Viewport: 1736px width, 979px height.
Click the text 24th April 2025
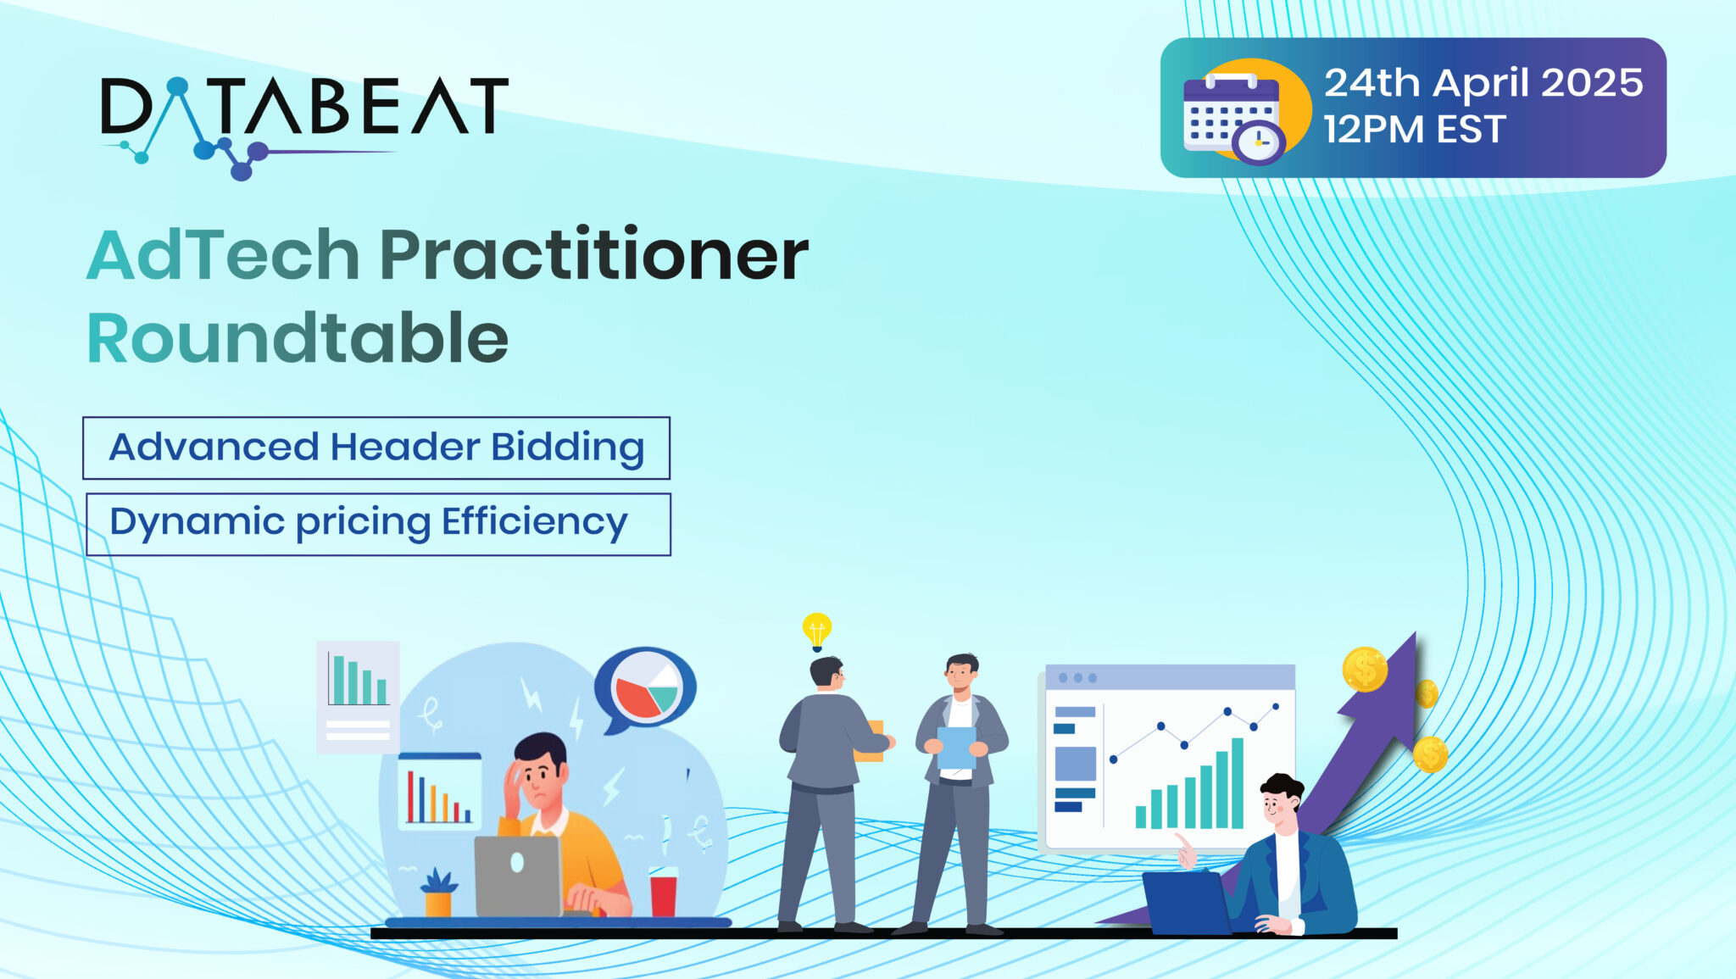pos(1483,83)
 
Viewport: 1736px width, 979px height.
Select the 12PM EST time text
pos(1414,131)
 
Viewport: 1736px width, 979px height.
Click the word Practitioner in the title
pos(593,254)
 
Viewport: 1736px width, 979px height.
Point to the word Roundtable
pos(298,338)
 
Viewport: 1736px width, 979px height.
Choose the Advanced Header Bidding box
pos(376,448)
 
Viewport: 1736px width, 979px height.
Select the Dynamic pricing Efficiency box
pos(378,524)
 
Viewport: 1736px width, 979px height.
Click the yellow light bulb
pos(816,630)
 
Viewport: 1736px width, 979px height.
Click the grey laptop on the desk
pos(518,876)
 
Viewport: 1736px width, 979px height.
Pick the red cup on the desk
pos(663,894)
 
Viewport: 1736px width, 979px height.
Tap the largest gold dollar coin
pos(1365,670)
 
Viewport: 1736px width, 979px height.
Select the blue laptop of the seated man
pos(1185,903)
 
